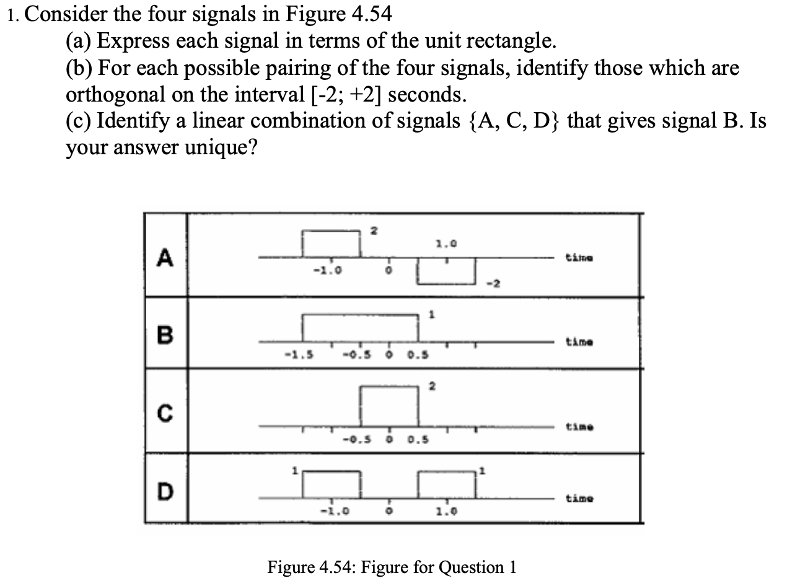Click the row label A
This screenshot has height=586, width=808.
[x=164, y=256]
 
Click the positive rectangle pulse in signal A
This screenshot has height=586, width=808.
[x=331, y=243]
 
